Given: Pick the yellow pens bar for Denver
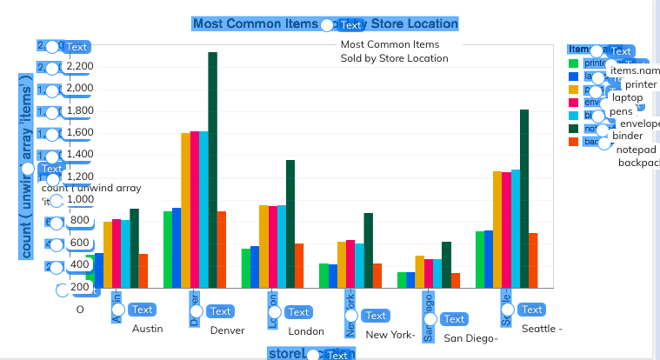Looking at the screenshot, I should [x=185, y=210].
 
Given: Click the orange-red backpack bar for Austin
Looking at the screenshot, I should [x=143, y=270].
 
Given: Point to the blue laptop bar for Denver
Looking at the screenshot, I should [x=177, y=248].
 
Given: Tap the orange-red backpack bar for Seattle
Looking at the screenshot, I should [x=533, y=260].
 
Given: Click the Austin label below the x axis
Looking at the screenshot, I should [x=148, y=330].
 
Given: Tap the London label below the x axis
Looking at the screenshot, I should [x=306, y=331].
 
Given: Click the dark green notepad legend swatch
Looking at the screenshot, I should [x=574, y=129].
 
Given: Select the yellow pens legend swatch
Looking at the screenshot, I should [x=574, y=90].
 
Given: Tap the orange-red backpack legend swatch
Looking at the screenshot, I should [x=574, y=142].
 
